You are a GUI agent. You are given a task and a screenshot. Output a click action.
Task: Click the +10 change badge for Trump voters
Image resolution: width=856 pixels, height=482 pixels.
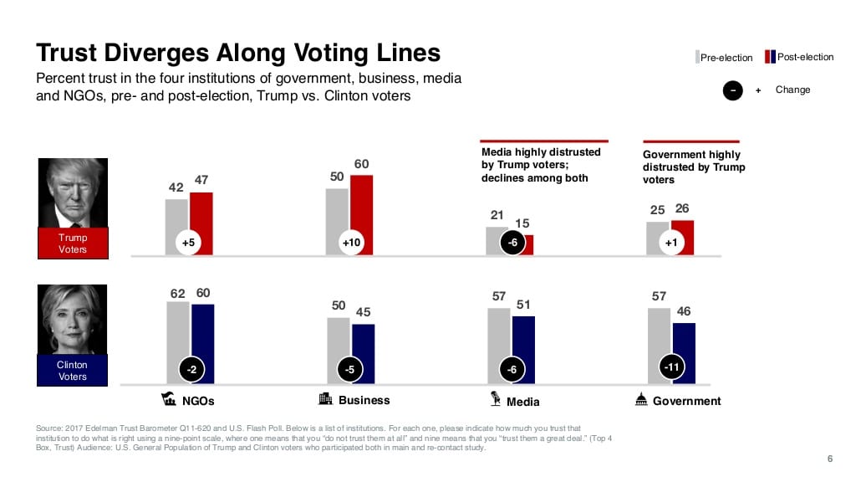351,243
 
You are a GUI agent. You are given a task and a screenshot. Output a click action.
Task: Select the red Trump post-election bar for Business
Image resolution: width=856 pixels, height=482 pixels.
361,209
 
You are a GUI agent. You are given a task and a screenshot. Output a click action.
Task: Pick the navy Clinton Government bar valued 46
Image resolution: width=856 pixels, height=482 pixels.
684,351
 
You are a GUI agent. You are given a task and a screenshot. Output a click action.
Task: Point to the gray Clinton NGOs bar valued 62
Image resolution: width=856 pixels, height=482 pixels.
177,343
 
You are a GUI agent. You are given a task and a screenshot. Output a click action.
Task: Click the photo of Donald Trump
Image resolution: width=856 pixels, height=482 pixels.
73,193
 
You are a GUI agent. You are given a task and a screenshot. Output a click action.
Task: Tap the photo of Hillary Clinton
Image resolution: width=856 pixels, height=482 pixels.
73,320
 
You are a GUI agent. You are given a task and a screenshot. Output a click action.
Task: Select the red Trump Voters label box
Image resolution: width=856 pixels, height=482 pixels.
73,244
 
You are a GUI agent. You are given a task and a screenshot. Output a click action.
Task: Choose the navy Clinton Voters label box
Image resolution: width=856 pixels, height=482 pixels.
73,371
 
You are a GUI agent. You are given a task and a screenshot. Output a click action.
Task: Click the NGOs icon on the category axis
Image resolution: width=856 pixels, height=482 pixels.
168,398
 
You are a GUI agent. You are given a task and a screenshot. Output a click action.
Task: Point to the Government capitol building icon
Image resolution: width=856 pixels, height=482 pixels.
641,399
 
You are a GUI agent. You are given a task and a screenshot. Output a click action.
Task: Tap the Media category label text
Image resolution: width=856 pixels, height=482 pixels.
522,402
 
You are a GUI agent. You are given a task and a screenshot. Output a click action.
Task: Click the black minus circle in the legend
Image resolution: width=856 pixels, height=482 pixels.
732,90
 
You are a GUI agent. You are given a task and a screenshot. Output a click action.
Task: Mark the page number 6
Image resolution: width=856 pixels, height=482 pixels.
829,458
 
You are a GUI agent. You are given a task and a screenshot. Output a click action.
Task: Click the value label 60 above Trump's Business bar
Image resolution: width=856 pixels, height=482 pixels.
362,164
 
